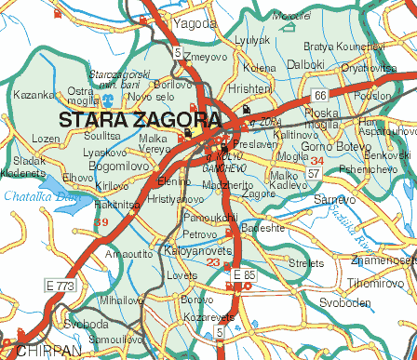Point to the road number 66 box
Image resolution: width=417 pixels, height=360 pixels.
click(x=319, y=95)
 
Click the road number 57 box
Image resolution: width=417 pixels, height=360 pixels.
click(x=314, y=173)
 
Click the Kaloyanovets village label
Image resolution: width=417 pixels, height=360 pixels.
click(x=193, y=250)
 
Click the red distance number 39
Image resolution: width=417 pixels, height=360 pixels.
click(x=101, y=221)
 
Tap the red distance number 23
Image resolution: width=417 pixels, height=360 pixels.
click(x=213, y=263)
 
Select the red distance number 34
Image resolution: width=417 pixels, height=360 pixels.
click(x=316, y=161)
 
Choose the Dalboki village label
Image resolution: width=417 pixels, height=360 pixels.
click(x=305, y=65)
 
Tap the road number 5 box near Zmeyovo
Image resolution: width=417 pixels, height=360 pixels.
click(x=178, y=53)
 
